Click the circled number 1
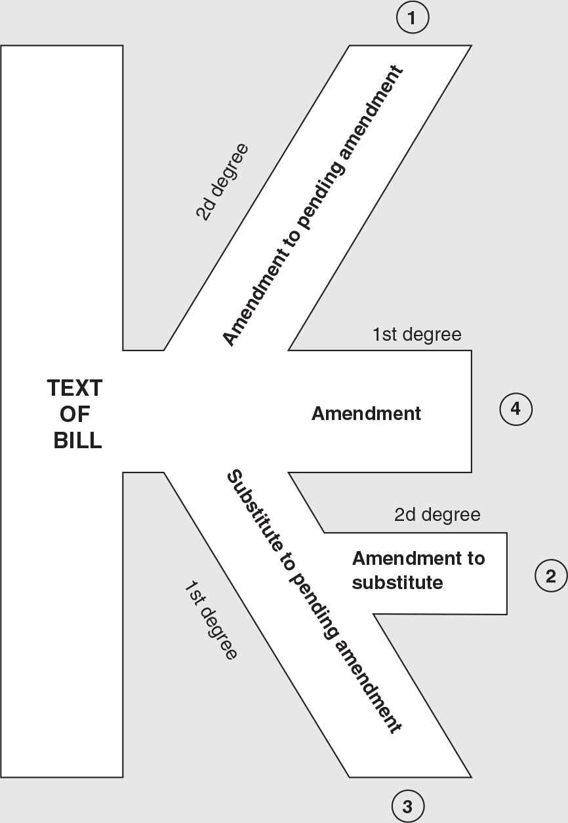(x=412, y=18)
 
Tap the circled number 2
(x=550, y=576)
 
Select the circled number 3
(x=407, y=807)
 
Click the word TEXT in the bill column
(x=75, y=389)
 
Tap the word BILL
(x=77, y=440)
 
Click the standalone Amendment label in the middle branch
(x=366, y=413)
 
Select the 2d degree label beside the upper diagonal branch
(x=222, y=181)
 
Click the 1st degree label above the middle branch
(x=417, y=335)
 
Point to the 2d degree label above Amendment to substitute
(x=437, y=515)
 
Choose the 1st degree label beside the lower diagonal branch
(x=209, y=619)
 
